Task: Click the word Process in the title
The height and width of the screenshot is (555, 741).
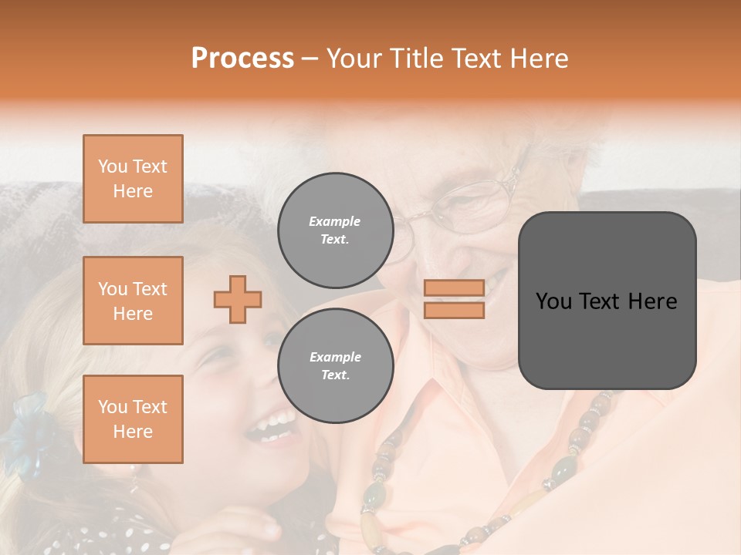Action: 242,59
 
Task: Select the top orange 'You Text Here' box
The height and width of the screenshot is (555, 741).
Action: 133,179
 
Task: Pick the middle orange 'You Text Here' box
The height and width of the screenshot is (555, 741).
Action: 133,301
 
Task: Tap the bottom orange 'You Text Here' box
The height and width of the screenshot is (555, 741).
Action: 133,419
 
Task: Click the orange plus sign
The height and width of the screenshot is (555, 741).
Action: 238,299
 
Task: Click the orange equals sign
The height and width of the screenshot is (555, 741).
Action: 454,299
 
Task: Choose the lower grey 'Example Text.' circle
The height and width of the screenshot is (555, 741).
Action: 335,366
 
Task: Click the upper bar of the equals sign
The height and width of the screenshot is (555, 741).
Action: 454,288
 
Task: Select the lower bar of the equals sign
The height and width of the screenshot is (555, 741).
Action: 454,310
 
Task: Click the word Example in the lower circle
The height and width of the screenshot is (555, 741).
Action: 335,357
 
